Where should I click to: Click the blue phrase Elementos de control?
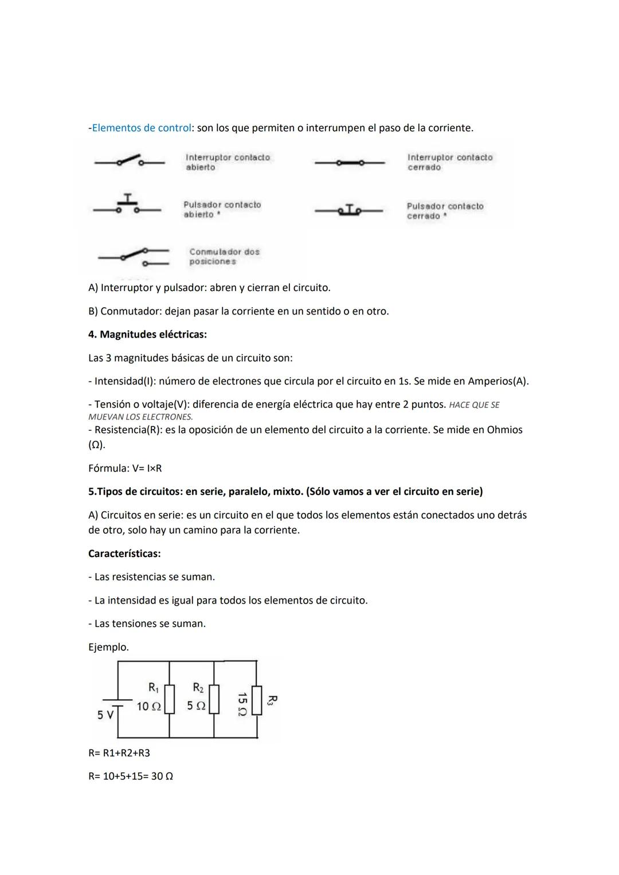click(x=141, y=128)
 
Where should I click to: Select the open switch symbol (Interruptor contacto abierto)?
click(x=130, y=162)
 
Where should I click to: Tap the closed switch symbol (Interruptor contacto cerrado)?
click(x=349, y=163)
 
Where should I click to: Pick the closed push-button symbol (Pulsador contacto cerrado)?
click(x=349, y=210)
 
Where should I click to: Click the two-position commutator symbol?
click(x=133, y=257)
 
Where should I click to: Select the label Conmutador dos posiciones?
click(x=224, y=257)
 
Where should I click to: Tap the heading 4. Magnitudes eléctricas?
click(x=147, y=334)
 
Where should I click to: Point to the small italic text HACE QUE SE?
click(x=474, y=405)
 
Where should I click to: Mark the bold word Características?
click(x=124, y=554)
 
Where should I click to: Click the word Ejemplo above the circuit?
click(x=108, y=647)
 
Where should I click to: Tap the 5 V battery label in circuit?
click(x=105, y=715)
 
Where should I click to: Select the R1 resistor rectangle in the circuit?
click(x=169, y=699)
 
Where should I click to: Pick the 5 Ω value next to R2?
click(x=196, y=706)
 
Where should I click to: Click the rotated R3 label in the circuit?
click(x=272, y=700)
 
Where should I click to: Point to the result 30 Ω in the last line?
click(x=162, y=776)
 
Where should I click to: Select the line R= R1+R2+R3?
click(x=119, y=753)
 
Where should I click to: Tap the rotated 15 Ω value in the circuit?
click(x=242, y=704)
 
